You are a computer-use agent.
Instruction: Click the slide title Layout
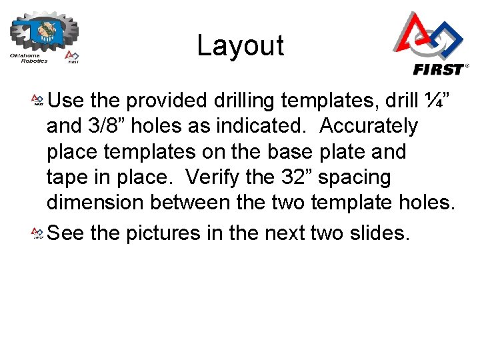tap(240, 45)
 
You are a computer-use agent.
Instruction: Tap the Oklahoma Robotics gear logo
tap(44, 37)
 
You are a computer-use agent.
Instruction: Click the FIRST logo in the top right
tap(429, 44)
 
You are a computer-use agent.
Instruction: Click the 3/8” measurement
tap(109, 126)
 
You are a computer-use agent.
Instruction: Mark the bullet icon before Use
tap(38, 101)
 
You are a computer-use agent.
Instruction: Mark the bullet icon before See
tap(38, 233)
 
